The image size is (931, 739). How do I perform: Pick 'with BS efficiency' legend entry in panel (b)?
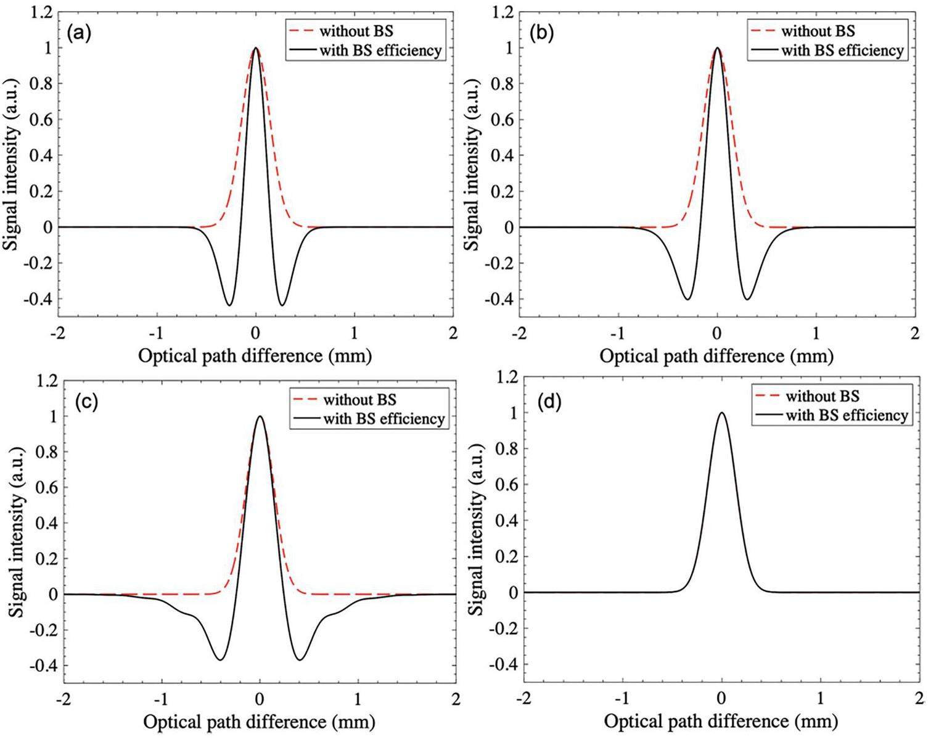tap(842, 51)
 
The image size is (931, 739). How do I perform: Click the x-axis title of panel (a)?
tap(255, 356)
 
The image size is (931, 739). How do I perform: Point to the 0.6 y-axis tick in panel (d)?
tap(502, 484)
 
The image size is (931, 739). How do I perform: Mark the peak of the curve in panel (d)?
tap(721, 413)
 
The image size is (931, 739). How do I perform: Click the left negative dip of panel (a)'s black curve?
tap(229, 305)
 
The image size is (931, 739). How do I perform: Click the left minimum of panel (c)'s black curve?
tap(220, 660)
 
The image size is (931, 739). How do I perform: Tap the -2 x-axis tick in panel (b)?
tap(520, 333)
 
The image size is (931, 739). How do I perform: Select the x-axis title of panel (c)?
tap(259, 721)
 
